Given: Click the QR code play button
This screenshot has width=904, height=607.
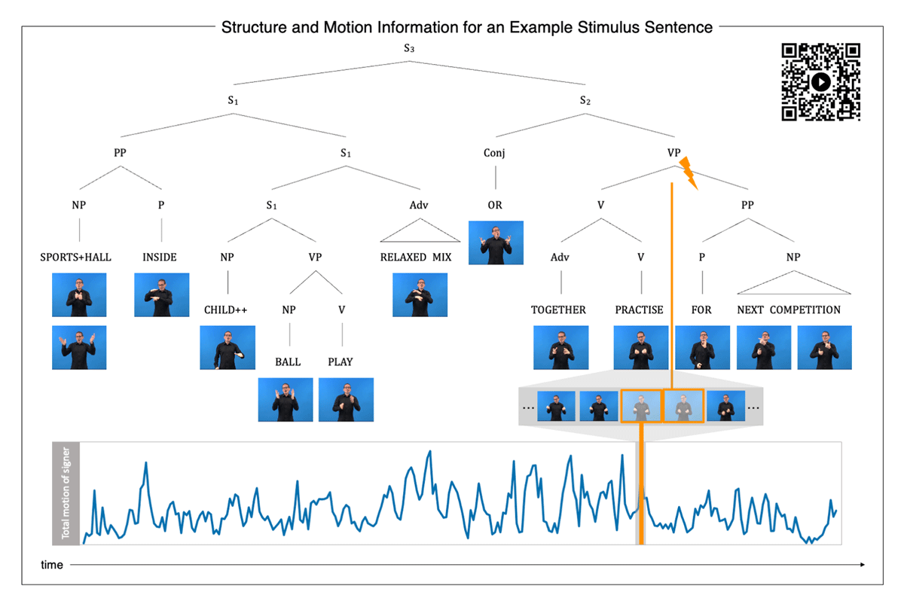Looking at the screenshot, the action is tap(820, 82).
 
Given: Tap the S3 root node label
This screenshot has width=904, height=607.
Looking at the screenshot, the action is tap(409, 48).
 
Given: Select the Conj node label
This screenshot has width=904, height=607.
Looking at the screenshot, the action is tap(494, 153).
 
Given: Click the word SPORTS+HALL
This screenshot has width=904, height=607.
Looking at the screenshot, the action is tap(75, 258).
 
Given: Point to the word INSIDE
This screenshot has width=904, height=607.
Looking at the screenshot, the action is tap(160, 258).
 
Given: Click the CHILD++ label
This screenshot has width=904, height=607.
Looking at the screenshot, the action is tap(225, 310).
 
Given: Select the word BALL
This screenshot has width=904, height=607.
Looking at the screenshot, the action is tap(288, 361).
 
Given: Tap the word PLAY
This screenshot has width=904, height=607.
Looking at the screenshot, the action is tap(341, 361).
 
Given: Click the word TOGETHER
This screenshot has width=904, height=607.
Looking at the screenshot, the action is tap(558, 310).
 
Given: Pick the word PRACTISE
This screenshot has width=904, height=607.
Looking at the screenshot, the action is tap(639, 310).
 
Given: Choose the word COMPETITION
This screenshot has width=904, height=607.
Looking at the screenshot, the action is tap(805, 310).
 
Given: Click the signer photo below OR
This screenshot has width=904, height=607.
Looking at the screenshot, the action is tap(496, 242).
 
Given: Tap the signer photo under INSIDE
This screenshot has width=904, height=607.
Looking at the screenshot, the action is tap(161, 294).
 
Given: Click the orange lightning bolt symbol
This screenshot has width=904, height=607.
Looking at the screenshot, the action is tap(689, 172).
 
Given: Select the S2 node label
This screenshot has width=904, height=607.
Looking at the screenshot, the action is tap(585, 100).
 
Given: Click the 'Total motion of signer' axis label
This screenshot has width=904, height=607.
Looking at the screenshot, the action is tap(66, 493).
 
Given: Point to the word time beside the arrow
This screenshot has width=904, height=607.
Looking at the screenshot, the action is tap(52, 565).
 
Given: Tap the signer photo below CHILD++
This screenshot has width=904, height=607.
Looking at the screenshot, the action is tap(228, 348).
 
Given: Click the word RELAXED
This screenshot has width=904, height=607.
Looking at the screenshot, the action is tap(403, 258).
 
